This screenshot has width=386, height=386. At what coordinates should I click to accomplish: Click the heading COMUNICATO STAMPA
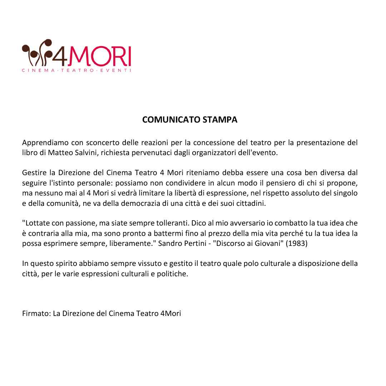(x=189, y=120)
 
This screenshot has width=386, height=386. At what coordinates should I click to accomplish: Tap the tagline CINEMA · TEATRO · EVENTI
(x=76, y=70)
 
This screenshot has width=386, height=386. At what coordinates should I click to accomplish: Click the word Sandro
(x=169, y=244)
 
